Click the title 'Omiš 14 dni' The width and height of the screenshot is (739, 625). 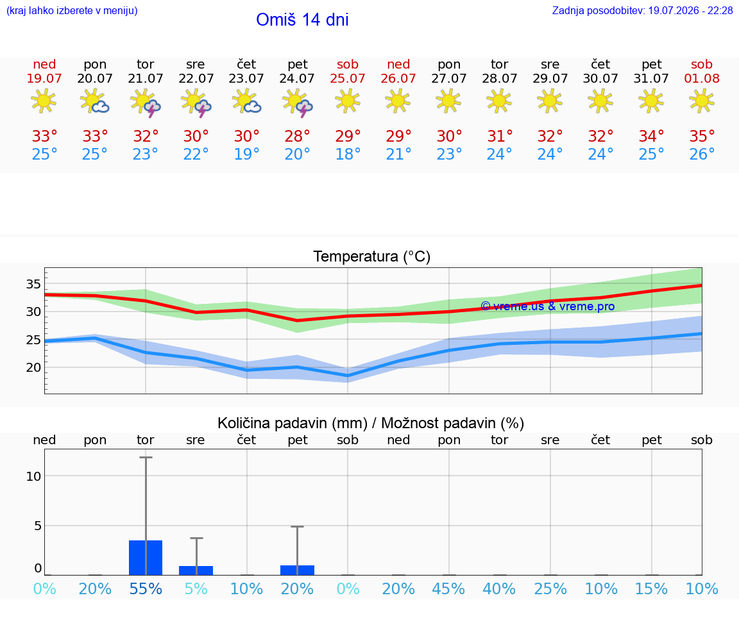(302, 20)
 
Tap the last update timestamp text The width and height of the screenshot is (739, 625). (642, 10)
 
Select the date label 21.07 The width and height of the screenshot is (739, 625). (145, 78)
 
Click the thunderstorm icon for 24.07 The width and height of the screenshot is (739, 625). (298, 102)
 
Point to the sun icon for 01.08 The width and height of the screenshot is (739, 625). (702, 101)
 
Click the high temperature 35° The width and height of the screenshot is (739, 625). (702, 136)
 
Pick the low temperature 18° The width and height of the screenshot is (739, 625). (348, 154)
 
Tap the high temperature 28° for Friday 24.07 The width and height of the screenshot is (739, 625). (298, 136)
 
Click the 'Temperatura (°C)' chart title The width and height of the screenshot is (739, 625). (372, 256)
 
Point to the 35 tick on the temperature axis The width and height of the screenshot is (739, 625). (33, 284)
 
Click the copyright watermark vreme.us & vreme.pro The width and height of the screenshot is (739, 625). (547, 306)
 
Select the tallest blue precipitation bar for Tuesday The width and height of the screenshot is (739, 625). (146, 558)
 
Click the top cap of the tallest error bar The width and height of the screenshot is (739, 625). (146, 457)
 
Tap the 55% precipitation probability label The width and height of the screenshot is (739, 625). (146, 588)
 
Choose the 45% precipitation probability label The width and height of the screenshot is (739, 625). (448, 588)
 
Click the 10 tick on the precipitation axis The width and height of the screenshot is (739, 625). (33, 476)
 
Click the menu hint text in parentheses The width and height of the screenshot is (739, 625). (72, 10)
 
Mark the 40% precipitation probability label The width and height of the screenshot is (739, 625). (499, 588)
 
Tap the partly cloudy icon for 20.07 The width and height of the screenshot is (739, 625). (94, 101)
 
